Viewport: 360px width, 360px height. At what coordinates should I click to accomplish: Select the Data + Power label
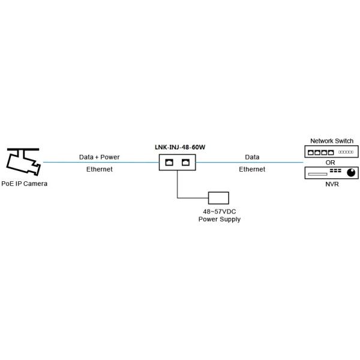(x=100, y=157)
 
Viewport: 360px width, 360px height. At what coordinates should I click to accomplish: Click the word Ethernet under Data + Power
(x=100, y=169)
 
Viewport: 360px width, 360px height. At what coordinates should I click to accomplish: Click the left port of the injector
(x=170, y=162)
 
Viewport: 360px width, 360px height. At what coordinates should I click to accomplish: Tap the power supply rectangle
(x=219, y=198)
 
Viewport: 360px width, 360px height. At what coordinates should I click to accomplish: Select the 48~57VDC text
(x=219, y=212)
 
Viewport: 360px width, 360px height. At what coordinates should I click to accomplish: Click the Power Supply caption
(x=219, y=220)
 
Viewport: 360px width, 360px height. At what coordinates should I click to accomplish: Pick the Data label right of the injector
(x=252, y=157)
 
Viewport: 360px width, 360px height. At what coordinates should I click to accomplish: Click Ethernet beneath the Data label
(x=252, y=169)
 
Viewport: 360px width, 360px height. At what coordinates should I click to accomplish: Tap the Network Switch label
(x=332, y=141)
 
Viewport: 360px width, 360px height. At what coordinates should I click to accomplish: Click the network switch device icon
(x=332, y=152)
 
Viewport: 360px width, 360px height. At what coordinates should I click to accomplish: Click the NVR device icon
(x=332, y=173)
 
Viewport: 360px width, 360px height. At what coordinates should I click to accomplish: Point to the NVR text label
(x=332, y=184)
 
